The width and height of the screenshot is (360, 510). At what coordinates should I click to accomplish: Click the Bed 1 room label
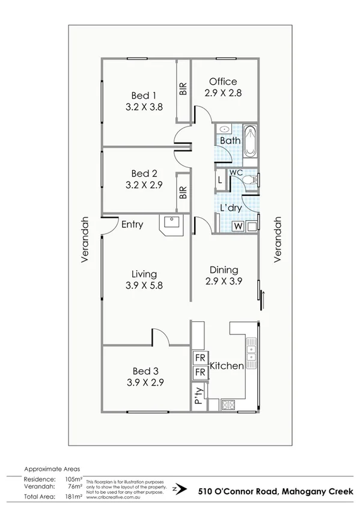(144, 95)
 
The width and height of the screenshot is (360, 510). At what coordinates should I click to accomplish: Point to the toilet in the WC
(254, 179)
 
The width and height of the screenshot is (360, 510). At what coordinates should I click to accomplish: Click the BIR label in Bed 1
(183, 89)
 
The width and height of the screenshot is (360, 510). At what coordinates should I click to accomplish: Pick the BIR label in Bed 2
(183, 192)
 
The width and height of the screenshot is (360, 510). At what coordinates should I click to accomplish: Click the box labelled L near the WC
(220, 179)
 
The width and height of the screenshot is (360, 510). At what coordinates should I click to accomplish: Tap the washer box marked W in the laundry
(237, 227)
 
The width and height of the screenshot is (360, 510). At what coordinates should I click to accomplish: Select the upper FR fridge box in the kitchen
(199, 358)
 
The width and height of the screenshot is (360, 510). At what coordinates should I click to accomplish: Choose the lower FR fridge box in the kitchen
(199, 373)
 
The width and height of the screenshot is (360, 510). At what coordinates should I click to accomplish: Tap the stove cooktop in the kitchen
(227, 405)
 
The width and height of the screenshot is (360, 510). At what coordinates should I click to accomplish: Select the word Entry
(132, 225)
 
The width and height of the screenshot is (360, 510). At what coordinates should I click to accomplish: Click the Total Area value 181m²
(72, 497)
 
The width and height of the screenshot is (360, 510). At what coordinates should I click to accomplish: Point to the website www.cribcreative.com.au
(115, 497)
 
